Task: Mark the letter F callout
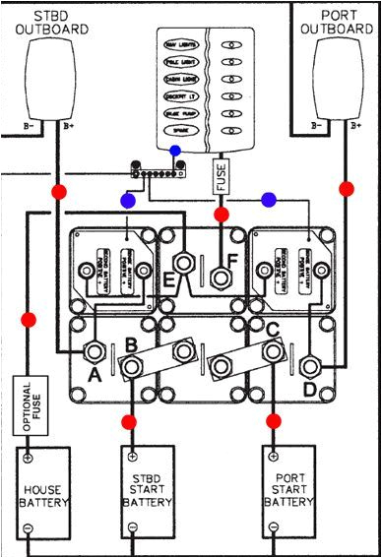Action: (x=231, y=262)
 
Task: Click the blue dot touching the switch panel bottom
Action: (x=175, y=152)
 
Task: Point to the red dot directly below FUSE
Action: (x=222, y=214)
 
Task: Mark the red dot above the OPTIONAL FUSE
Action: (x=29, y=320)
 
